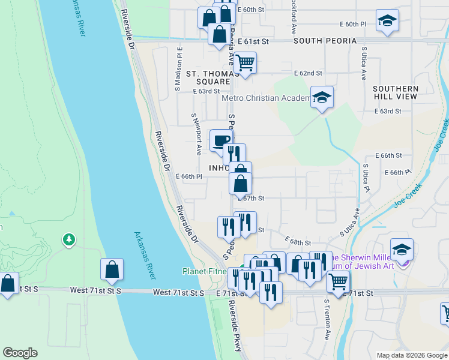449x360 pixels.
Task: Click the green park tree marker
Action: pyautogui.click(x=69, y=240)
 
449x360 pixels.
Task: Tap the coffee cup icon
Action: pyautogui.click(x=220, y=140)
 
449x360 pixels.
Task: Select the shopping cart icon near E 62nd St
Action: pyautogui.click(x=245, y=62)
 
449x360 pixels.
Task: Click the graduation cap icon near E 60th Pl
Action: pyautogui.click(x=387, y=20)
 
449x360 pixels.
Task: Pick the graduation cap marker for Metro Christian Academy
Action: pyautogui.click(x=322, y=97)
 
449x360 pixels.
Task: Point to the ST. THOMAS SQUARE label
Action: pyautogui.click(x=208, y=77)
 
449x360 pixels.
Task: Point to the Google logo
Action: pyautogui.click(x=20, y=352)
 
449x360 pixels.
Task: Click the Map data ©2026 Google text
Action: pyautogui.click(x=411, y=355)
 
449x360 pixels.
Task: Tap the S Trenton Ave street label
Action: pyautogui.click(x=327, y=321)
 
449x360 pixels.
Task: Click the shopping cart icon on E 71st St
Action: pyautogui.click(x=339, y=280)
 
